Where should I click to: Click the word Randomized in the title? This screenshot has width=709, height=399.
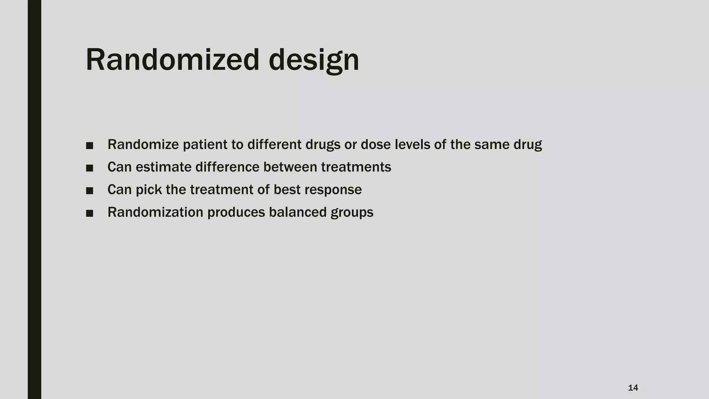[172, 60]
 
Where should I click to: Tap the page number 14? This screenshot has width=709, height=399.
[633, 388]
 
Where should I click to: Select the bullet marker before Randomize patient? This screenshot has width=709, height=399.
[90, 145]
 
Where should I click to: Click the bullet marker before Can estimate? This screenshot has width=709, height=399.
[90, 168]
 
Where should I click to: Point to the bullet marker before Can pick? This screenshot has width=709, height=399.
[90, 190]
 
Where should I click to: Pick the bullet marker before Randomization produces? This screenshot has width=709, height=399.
[90, 213]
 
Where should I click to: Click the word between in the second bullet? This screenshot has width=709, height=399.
[290, 167]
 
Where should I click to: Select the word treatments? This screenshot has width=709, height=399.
[356, 167]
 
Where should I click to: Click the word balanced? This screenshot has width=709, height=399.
[297, 212]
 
